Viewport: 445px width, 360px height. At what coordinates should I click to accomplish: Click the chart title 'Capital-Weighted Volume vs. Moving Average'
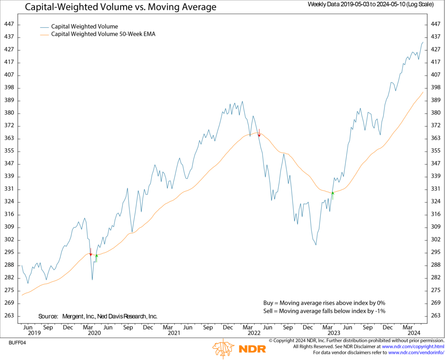click(x=120, y=7)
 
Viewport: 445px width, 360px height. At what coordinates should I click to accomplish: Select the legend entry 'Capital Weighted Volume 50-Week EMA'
click(x=103, y=34)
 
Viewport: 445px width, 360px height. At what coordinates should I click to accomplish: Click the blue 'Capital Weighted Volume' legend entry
click(x=84, y=27)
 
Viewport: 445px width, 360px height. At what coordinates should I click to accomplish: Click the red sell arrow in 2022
click(x=259, y=133)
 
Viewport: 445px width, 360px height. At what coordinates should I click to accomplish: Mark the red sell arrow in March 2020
click(x=90, y=252)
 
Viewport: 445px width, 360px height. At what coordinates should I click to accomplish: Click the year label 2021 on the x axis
click(x=174, y=333)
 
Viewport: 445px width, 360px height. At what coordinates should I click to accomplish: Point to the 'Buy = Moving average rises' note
click(x=324, y=303)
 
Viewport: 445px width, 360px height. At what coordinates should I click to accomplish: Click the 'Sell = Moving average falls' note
click(x=324, y=311)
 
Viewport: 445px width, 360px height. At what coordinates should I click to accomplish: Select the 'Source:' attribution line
click(x=98, y=317)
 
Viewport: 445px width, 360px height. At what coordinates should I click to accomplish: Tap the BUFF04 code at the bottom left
click(x=17, y=343)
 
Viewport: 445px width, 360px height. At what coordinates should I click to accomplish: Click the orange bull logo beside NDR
click(x=223, y=349)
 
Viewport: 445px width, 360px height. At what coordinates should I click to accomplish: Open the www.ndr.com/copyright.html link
click(x=412, y=347)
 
